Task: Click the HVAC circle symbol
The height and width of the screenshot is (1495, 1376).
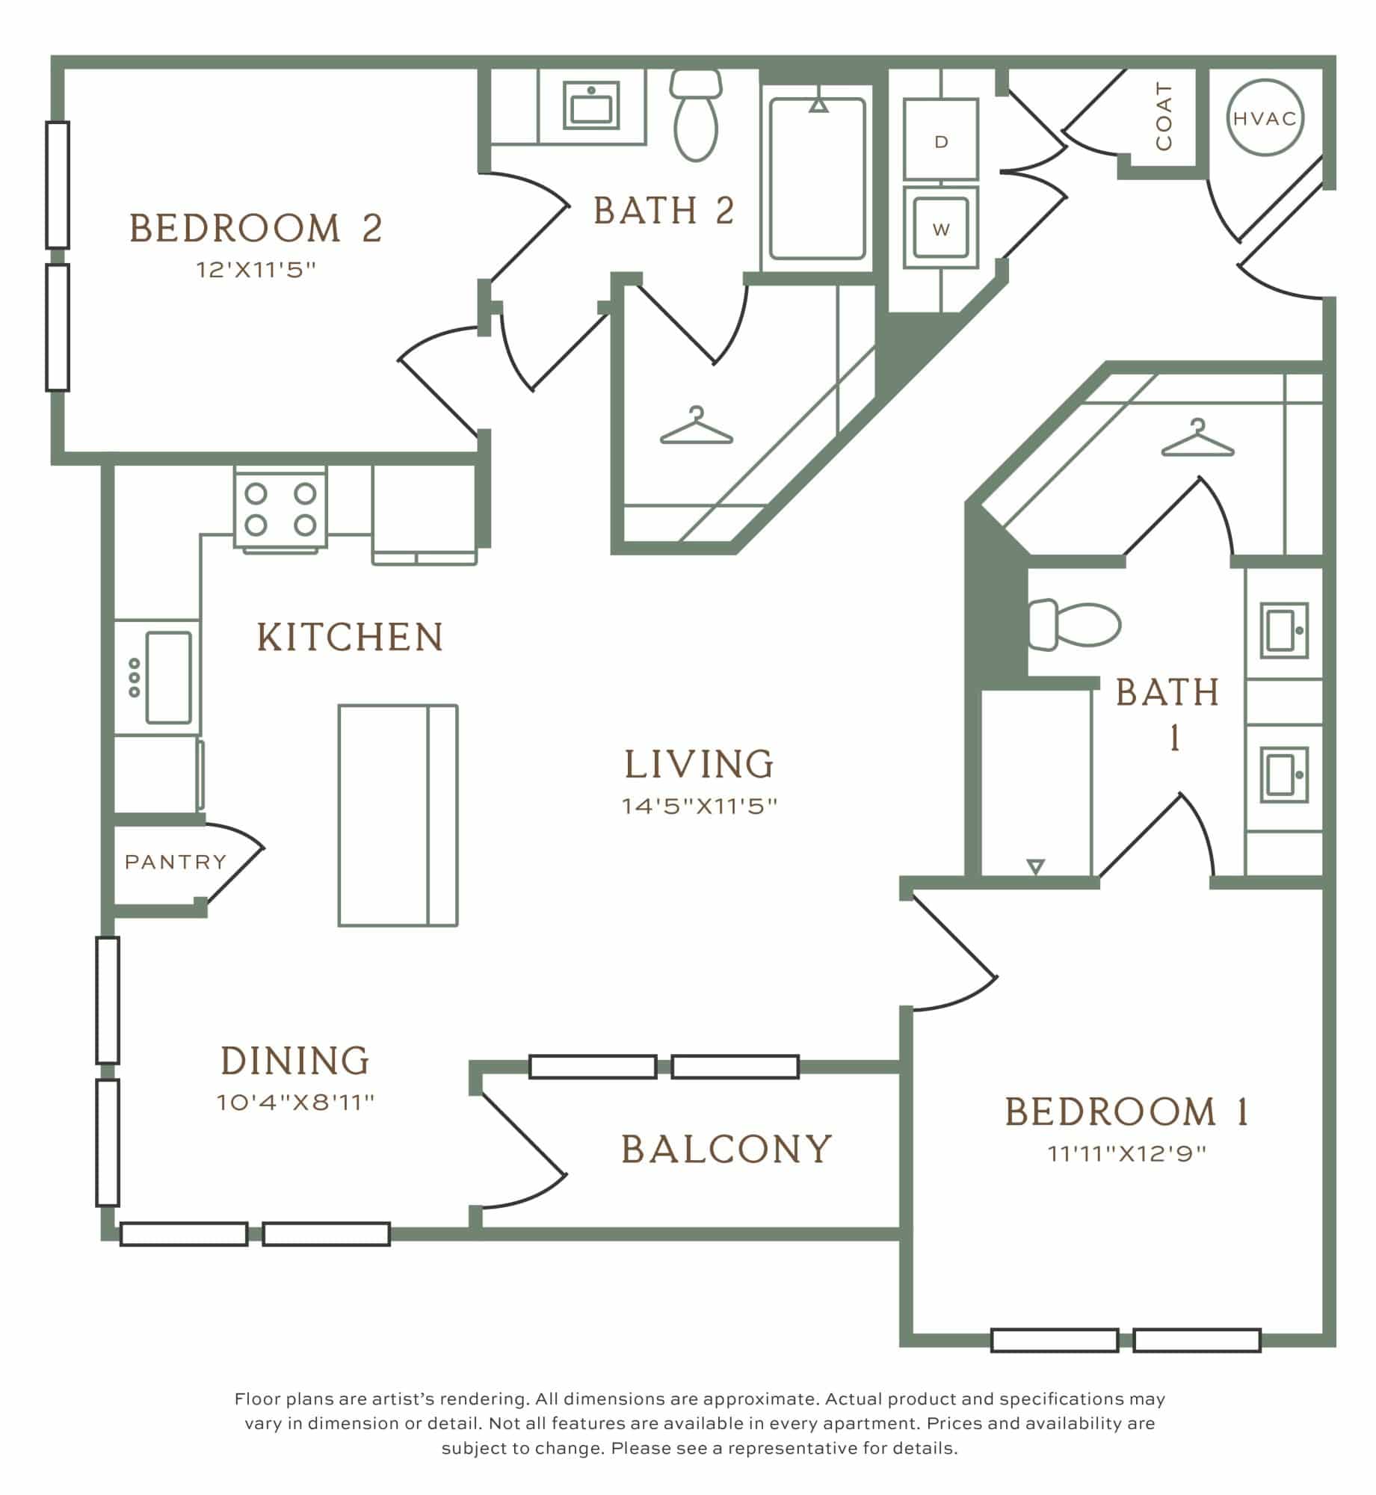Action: coord(1265,118)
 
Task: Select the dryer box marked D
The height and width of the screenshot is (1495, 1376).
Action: coord(941,140)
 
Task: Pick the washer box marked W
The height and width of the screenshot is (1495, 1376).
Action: coord(941,228)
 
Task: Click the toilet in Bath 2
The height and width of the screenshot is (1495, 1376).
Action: coord(696,115)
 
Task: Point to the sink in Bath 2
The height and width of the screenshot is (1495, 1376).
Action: coord(591,105)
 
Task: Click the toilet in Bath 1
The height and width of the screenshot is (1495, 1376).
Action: coord(1074,624)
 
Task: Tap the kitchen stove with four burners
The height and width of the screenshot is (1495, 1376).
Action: coord(280,508)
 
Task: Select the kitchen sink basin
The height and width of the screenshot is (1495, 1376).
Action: coord(168,677)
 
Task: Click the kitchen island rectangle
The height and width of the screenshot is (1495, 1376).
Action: coord(398,816)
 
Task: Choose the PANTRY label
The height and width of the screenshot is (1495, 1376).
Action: coord(176,863)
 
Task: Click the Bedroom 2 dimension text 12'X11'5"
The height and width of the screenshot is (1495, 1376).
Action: coord(256,270)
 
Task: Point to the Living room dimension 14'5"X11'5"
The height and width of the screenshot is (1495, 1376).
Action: coord(700,806)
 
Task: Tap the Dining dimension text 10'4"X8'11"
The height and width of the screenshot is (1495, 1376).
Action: coord(295,1102)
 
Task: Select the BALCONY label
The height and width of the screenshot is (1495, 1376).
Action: coord(726,1149)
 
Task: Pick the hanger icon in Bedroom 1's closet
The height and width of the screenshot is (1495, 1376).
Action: coord(1198,438)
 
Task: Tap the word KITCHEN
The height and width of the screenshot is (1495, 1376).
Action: coord(351,638)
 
